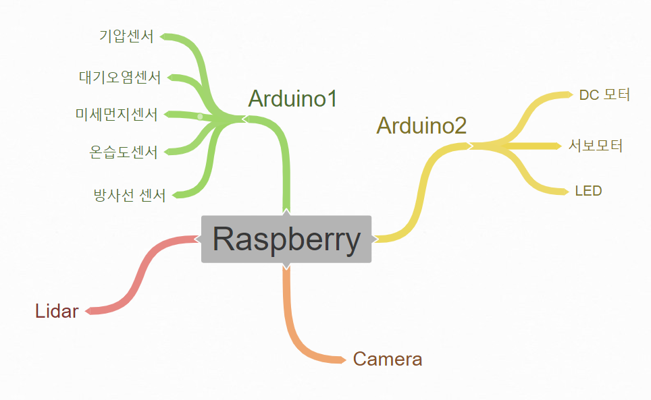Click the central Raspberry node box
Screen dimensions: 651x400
click(x=286, y=239)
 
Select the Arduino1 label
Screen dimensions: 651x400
click(x=292, y=98)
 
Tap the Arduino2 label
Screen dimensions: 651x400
click(x=421, y=125)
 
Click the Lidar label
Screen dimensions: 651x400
click(x=57, y=311)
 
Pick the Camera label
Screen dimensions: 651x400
click(x=388, y=359)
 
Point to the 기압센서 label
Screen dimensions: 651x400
click(x=126, y=36)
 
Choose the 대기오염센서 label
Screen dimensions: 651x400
click(x=120, y=77)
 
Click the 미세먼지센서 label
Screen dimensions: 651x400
click(x=116, y=114)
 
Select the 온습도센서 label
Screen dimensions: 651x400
click(x=123, y=152)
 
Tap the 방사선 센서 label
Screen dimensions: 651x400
click(x=130, y=196)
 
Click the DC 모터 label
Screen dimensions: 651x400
click(x=604, y=94)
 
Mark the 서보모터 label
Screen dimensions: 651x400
click(x=596, y=145)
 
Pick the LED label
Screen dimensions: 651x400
click(x=588, y=191)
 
